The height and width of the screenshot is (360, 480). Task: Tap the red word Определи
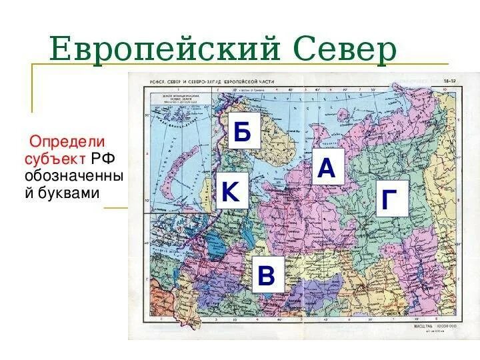(67, 142)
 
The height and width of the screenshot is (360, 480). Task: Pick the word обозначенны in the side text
(74, 177)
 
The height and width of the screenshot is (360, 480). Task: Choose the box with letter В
(266, 274)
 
